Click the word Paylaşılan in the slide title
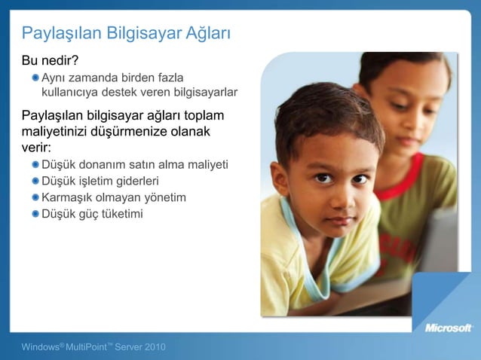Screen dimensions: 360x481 click(x=60, y=34)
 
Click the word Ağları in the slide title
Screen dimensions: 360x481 click(x=204, y=34)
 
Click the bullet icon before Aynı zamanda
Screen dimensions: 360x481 click(x=35, y=77)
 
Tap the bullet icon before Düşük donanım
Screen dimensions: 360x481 click(x=35, y=165)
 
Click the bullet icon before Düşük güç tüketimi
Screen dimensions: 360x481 click(x=35, y=214)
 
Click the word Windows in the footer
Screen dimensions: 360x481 click(x=41, y=346)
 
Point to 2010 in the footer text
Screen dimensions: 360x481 click(x=153, y=346)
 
